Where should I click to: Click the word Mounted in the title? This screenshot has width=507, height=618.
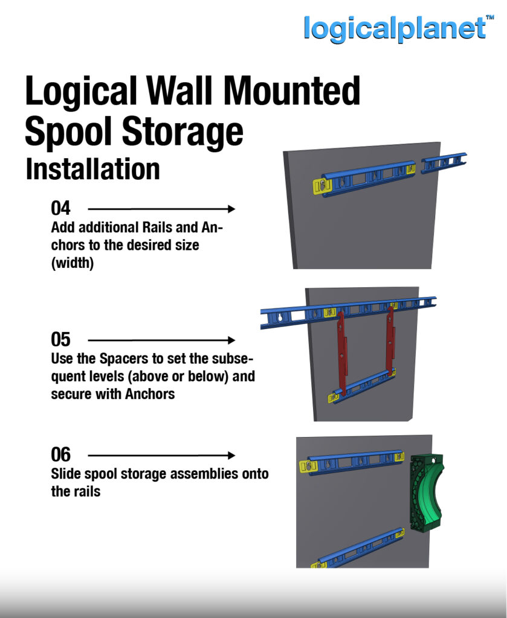pos(292,91)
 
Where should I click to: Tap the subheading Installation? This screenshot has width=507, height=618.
pos(92,170)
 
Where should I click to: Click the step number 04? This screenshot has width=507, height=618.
pos(60,208)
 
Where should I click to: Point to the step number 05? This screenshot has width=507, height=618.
pos(60,339)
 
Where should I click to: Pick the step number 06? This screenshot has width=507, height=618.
pos(60,454)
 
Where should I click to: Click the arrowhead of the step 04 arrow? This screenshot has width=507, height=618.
pos(232,209)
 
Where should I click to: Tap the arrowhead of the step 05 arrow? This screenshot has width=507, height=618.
pos(232,340)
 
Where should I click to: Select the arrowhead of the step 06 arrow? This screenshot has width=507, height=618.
pos(232,456)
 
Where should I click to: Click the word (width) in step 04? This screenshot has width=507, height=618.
pos(73,263)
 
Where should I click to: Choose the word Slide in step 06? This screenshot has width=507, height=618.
pos(64,474)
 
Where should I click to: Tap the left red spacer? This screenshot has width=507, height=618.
pos(341,352)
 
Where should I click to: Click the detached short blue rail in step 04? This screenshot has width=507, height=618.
pos(444,163)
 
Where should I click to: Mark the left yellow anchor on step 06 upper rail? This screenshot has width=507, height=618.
pos(308,467)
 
